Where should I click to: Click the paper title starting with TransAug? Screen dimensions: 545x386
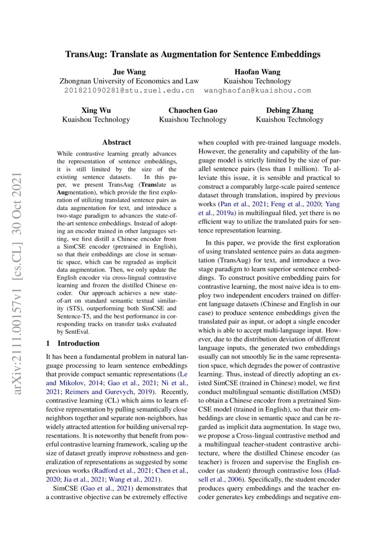tap(193, 55)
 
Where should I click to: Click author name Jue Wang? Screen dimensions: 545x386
tap(129, 72)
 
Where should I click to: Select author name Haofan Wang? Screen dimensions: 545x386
tap(257, 72)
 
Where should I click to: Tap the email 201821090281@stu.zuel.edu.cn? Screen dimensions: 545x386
tap(129, 90)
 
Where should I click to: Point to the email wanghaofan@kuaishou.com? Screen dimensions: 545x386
tap(257, 90)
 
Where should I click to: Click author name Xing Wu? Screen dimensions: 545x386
tap(96, 110)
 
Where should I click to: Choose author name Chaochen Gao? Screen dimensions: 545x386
tap(193, 110)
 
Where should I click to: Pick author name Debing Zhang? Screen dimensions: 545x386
tap(289, 110)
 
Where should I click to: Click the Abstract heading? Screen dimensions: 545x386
tap(117, 142)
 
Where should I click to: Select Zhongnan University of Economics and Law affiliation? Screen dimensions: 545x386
tap(129, 81)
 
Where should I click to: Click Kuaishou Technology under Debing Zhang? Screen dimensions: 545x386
tap(289, 120)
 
